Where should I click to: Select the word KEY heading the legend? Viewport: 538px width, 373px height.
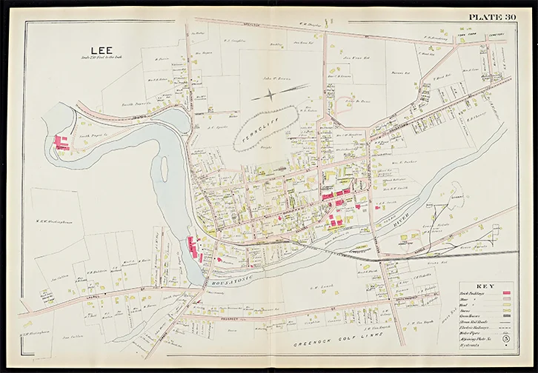pyautogui.click(x=485, y=286)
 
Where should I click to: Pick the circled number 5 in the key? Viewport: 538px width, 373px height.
pyautogui.click(x=505, y=339)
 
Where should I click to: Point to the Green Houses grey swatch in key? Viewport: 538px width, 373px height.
pyautogui.click(x=505, y=315)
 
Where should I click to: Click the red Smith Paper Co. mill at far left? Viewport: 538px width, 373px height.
pyautogui.click(x=61, y=142)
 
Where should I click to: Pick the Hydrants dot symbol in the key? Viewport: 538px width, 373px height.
pyautogui.click(x=505, y=346)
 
